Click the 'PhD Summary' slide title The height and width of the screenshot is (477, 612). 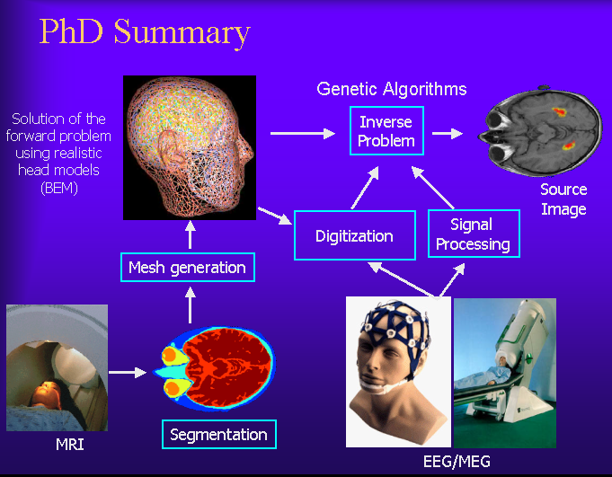tap(145, 32)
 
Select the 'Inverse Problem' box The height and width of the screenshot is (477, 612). tap(386, 131)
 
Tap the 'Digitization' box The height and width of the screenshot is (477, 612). tap(354, 235)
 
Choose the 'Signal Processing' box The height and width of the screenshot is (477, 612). tap(474, 234)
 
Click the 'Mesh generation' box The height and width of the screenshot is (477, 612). tap(188, 268)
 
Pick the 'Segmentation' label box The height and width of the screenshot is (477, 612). tap(219, 435)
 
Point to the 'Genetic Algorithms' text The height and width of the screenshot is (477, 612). tap(392, 89)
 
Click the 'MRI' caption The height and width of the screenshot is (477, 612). tap(70, 445)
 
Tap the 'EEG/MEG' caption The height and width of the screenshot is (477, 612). tap(457, 462)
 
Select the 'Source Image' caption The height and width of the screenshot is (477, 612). tap(563, 199)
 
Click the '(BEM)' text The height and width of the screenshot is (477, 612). tap(59, 188)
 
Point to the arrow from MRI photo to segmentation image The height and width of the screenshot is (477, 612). tap(128, 373)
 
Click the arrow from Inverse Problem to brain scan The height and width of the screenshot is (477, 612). tap(448, 133)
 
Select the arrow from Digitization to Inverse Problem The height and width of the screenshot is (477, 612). tap(365, 188)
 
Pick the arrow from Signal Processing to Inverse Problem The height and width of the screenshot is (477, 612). tap(433, 188)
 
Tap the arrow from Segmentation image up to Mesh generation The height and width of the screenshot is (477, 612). tap(191, 305)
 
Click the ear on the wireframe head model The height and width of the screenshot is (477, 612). tap(172, 146)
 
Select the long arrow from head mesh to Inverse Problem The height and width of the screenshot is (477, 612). tap(303, 133)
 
